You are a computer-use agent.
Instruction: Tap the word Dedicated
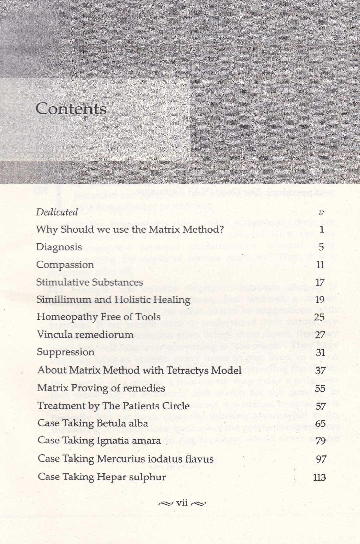pyautogui.click(x=57, y=212)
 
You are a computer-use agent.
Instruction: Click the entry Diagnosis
pyautogui.click(x=59, y=247)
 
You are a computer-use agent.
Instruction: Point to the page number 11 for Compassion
pyautogui.click(x=320, y=265)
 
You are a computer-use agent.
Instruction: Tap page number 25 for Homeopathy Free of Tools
pyautogui.click(x=319, y=317)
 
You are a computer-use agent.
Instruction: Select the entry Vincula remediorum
pyautogui.click(x=85, y=334)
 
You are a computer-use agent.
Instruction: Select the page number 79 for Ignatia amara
pyautogui.click(x=320, y=441)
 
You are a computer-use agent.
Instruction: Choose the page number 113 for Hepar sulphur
pyautogui.click(x=319, y=477)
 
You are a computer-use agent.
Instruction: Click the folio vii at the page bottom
pyautogui.click(x=182, y=503)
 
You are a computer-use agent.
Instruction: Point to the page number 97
pyautogui.click(x=321, y=459)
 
